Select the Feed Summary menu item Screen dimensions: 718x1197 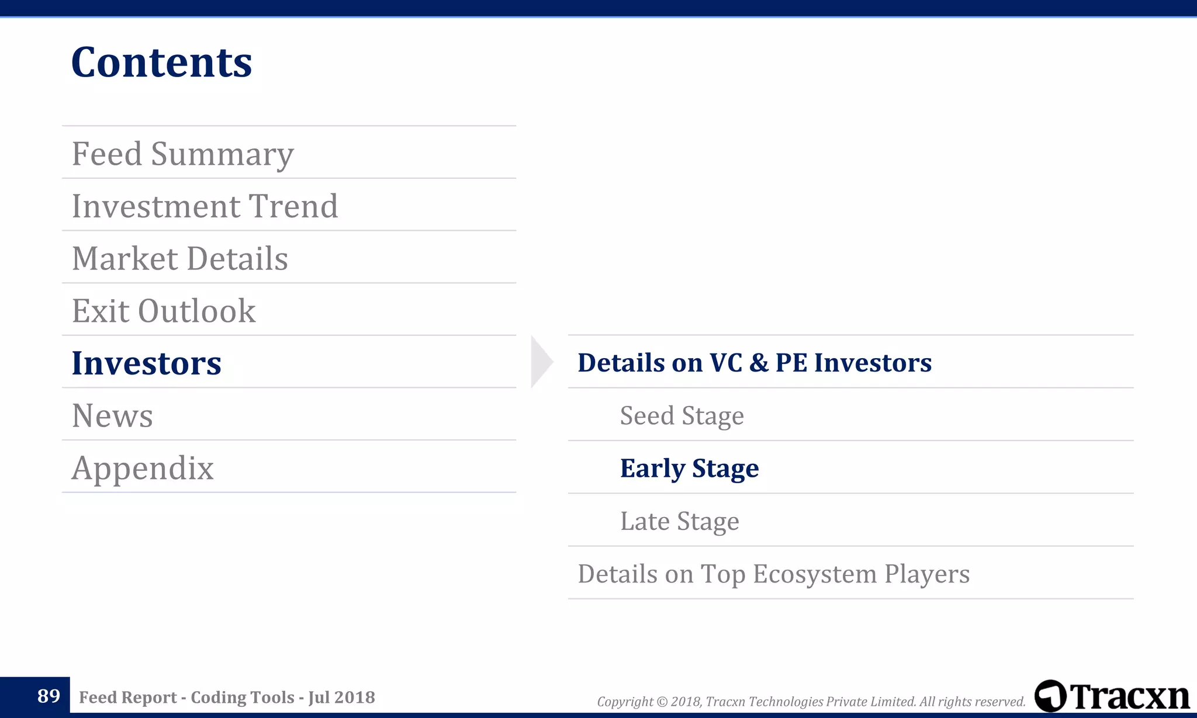182,154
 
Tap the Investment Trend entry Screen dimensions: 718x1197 205,206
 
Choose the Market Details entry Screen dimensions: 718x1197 180,259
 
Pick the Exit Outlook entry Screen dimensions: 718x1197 164,311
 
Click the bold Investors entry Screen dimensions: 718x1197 146,363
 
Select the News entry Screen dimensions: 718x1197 112,415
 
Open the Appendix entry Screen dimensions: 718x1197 143,468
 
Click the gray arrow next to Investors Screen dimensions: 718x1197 541,362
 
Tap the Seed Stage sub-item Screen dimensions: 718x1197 681,415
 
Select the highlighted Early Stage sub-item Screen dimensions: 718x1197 689,468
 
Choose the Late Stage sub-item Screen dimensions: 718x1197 679,521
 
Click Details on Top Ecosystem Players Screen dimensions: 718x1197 773,574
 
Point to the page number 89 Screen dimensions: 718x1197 49,696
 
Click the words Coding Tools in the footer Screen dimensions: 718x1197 243,697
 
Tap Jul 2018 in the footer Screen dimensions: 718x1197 342,697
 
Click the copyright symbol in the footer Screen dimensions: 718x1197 662,702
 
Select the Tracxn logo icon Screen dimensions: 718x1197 1050,696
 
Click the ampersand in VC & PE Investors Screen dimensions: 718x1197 759,363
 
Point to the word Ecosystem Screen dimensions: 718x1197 815,574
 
